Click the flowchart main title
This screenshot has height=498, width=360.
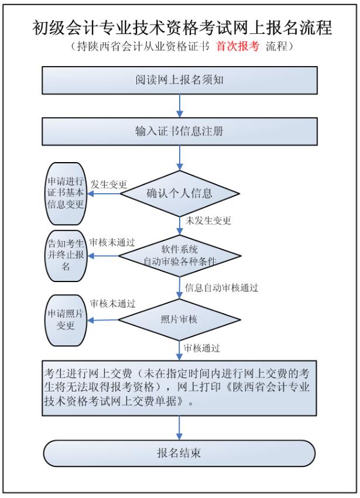point(180,28)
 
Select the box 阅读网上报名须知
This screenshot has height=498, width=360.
point(179,80)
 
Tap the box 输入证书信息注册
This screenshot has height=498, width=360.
point(179,131)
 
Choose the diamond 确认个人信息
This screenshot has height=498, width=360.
point(179,193)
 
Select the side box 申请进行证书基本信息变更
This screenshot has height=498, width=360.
point(66,193)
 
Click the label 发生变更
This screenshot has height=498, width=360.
point(109,184)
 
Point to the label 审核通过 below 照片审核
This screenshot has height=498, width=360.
point(202,348)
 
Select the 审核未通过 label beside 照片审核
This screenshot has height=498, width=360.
point(112,304)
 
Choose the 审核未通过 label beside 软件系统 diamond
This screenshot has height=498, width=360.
point(112,242)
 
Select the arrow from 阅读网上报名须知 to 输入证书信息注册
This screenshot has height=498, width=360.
point(179,105)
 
